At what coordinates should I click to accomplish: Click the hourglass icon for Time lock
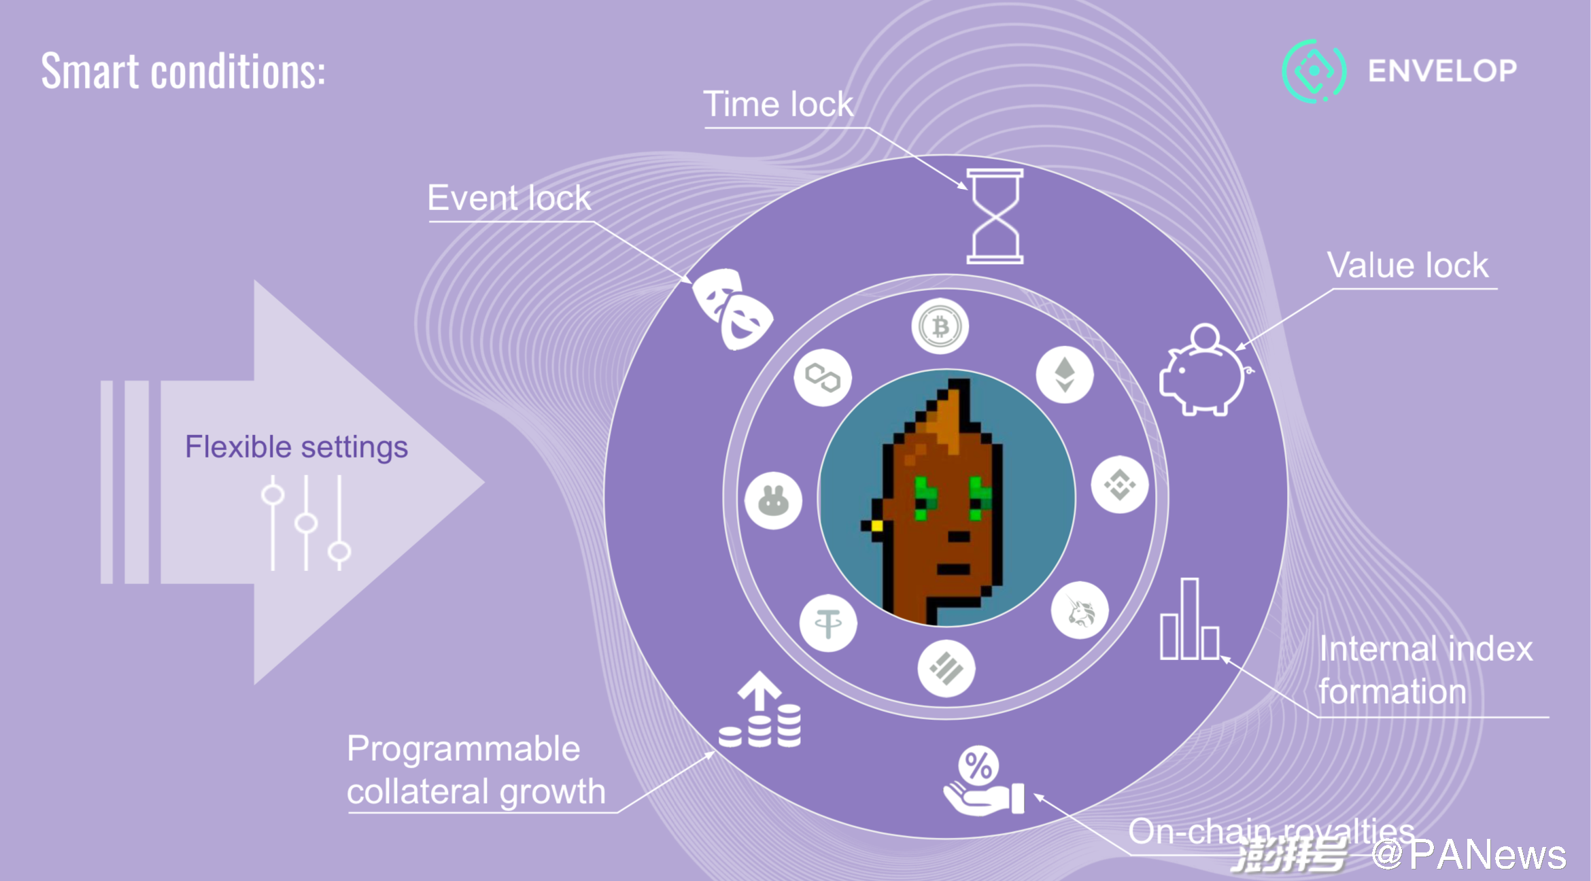point(995,216)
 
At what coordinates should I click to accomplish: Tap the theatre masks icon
point(732,309)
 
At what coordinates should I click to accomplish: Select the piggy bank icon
point(1205,370)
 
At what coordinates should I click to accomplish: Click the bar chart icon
point(1190,619)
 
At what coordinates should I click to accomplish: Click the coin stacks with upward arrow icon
point(760,710)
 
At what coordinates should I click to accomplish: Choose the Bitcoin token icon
point(940,327)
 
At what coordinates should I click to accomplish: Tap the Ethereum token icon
point(1065,375)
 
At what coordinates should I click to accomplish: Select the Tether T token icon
point(828,623)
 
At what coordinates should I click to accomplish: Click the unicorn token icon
point(1080,610)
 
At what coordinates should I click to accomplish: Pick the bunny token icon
point(773,501)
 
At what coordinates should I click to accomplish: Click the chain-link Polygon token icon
point(823,378)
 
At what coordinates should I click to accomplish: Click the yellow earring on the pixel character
point(877,525)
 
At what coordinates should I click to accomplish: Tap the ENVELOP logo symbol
point(1314,71)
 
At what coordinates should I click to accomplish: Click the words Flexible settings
point(296,447)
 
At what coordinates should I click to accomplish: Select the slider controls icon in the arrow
point(306,522)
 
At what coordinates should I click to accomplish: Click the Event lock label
point(509,198)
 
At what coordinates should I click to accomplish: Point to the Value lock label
point(1408,265)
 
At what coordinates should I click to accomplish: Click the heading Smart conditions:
point(184,71)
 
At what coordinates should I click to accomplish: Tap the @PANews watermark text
point(1469,854)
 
